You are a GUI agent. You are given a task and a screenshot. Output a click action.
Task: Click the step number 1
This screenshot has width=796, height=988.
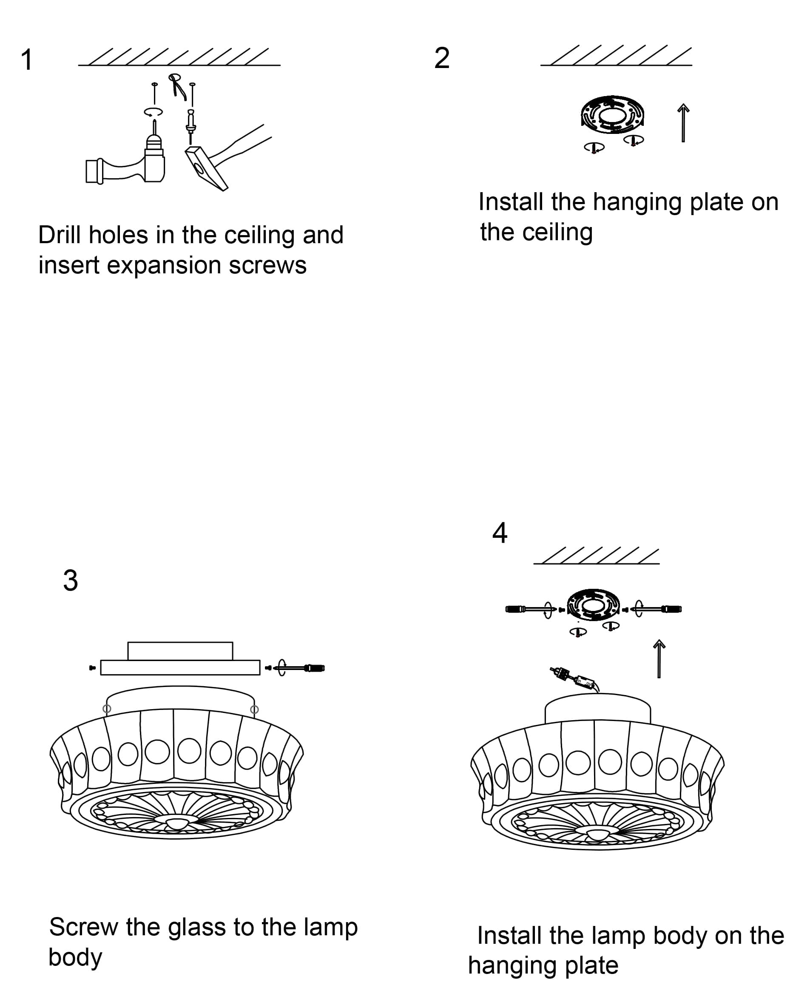tap(27, 60)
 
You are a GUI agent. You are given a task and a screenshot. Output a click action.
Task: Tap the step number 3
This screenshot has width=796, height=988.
tap(70, 580)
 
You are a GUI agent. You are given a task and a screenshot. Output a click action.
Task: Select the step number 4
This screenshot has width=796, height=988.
tap(499, 533)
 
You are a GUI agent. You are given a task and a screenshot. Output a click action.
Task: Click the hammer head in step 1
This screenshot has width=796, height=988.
tap(205, 168)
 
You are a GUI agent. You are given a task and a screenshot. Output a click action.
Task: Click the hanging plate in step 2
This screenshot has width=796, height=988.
tap(612, 115)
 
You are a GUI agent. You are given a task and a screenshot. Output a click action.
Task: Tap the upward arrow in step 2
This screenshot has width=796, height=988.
tap(683, 123)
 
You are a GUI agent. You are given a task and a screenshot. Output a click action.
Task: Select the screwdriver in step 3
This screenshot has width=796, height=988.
tap(303, 668)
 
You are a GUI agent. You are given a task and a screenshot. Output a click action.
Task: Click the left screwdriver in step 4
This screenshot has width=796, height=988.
tap(527, 609)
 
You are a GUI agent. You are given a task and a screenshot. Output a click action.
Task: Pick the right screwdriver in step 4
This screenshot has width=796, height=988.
tap(660, 609)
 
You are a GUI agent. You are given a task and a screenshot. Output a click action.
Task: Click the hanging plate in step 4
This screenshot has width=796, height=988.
tap(593, 605)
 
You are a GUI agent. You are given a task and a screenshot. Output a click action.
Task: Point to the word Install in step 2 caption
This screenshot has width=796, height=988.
tap(511, 202)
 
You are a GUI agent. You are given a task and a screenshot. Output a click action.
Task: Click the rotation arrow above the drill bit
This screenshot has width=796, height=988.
tap(153, 112)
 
